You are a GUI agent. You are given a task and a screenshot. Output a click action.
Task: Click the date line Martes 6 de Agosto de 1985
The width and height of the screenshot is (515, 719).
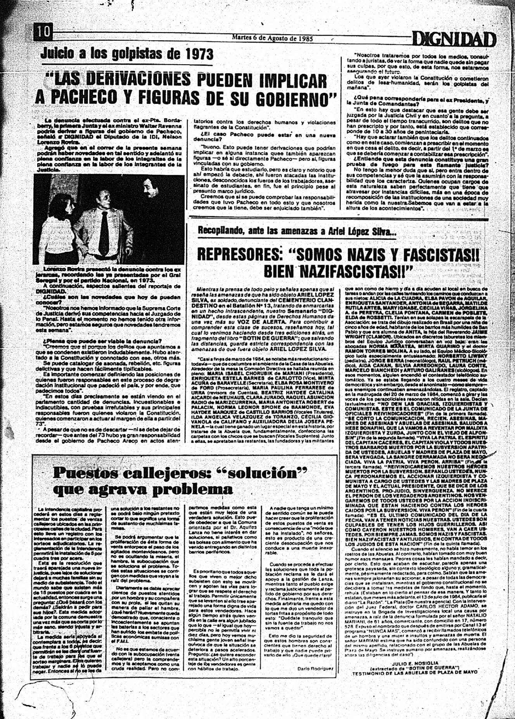coord(272,38)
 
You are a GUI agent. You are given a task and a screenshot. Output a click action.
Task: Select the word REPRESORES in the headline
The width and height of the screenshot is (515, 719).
coord(240,255)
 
